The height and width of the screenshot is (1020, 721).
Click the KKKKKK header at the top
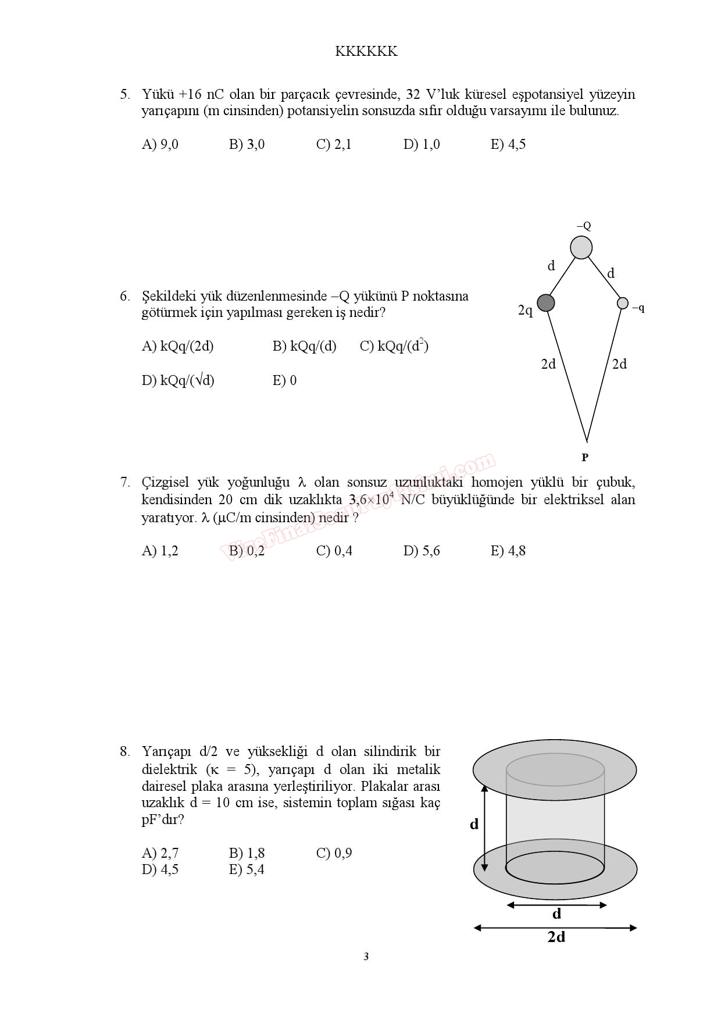click(366, 52)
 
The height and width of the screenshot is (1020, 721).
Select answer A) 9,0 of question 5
click(160, 145)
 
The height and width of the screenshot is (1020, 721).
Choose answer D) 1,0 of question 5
click(422, 145)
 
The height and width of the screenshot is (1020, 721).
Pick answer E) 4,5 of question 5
click(508, 145)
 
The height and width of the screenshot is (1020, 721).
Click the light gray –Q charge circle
click(581, 247)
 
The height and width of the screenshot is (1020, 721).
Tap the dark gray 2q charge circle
click(545, 302)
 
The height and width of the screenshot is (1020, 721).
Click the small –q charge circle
click(623, 303)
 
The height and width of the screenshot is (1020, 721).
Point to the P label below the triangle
click(585, 458)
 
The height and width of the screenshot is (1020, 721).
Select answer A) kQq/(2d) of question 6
click(177, 347)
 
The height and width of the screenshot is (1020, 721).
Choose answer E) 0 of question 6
click(284, 381)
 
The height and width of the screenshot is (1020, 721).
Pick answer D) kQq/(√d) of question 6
click(178, 381)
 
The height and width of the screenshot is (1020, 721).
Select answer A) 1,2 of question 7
click(160, 551)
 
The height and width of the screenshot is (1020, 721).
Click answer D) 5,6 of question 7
click(422, 551)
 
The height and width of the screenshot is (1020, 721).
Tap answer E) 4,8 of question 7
click(508, 551)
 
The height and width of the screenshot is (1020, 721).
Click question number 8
click(125, 752)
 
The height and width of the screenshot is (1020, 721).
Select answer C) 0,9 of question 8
click(334, 853)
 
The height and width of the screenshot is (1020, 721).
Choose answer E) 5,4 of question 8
click(247, 870)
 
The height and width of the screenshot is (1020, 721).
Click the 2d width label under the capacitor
click(556, 937)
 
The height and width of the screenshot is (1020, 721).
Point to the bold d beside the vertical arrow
click(474, 824)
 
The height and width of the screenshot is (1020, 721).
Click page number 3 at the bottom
click(366, 957)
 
